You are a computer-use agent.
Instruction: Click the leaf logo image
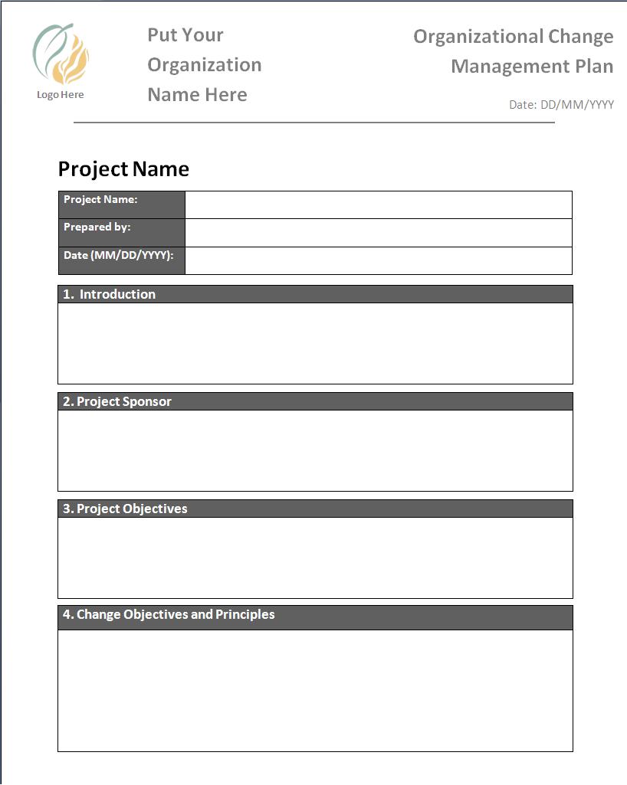tap(61, 55)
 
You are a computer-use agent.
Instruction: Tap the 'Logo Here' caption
tap(61, 95)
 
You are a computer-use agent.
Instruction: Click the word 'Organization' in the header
tap(204, 65)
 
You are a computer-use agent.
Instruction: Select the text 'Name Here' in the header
tap(197, 95)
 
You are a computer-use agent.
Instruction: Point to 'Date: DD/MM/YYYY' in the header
tap(561, 105)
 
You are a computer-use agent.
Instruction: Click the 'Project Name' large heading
tap(123, 169)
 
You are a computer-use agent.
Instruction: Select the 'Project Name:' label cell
tap(122, 204)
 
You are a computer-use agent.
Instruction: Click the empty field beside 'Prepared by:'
tap(379, 233)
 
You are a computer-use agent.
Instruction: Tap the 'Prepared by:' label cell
tap(122, 233)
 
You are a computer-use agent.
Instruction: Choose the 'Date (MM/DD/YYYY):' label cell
tap(122, 260)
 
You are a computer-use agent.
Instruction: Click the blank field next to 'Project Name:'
tap(379, 204)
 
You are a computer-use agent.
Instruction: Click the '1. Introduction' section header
tap(315, 294)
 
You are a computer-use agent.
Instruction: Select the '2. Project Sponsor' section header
tap(315, 401)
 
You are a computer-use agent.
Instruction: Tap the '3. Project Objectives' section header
tap(315, 509)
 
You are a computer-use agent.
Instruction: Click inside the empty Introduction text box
tap(315, 343)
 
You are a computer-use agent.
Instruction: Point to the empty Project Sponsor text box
tap(315, 450)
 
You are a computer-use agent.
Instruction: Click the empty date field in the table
tap(379, 260)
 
